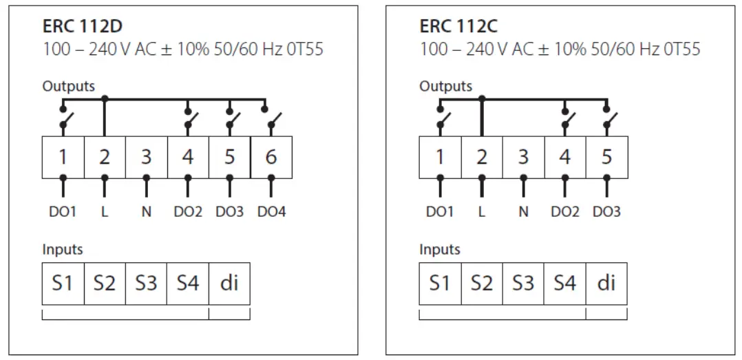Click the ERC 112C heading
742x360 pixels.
[x=458, y=28]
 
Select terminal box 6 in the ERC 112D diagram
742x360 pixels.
[x=271, y=158]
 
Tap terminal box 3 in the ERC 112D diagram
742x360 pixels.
[x=146, y=158]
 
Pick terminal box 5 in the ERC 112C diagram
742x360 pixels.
[x=606, y=158]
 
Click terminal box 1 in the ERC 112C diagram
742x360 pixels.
[x=440, y=158]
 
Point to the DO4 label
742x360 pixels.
[x=271, y=212]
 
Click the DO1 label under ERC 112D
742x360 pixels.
[x=63, y=212]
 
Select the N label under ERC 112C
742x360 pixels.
[x=523, y=212]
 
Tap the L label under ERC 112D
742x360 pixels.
[x=105, y=212]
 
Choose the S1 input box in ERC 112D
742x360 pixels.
[x=63, y=283]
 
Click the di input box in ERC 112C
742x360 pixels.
[x=606, y=283]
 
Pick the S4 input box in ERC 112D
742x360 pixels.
[x=188, y=283]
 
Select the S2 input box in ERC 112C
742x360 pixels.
[x=482, y=283]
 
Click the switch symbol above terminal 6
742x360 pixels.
[x=273, y=122]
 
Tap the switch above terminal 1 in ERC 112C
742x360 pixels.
[x=441, y=122]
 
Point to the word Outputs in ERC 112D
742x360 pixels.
[x=69, y=87]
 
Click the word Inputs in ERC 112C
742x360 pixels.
[x=440, y=249]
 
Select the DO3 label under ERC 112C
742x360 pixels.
[x=606, y=212]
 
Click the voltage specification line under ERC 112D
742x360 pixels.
[x=183, y=50]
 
